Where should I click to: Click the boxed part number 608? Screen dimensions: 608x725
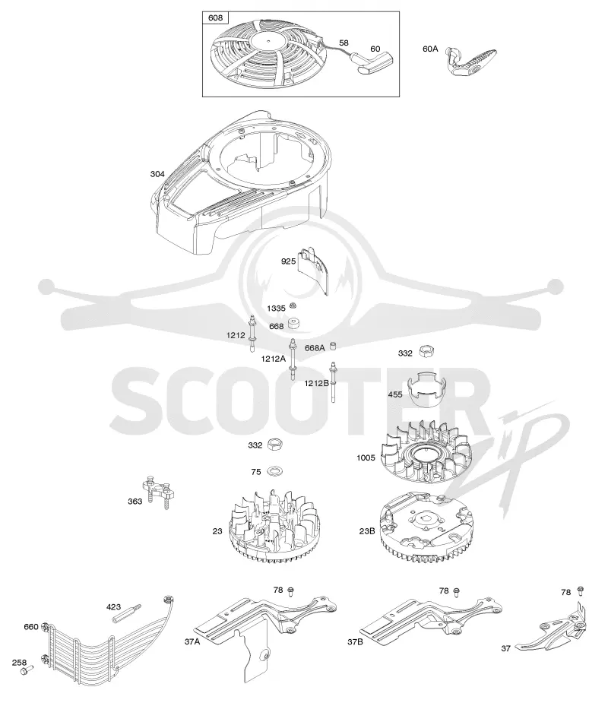point(215,18)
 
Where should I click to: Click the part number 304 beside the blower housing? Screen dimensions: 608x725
point(157,174)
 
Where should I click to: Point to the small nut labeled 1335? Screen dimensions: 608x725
point(293,306)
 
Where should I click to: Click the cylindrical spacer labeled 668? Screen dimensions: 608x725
point(294,323)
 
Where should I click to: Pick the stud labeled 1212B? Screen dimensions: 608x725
point(332,382)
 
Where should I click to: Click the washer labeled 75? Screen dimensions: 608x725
point(277,471)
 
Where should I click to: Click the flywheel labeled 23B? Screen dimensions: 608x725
point(426,527)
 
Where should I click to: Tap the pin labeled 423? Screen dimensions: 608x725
point(131,613)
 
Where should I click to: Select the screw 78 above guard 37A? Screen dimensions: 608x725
point(291,590)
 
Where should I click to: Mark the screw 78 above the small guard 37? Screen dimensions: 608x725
point(580,590)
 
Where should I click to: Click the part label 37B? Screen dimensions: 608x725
point(355,641)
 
